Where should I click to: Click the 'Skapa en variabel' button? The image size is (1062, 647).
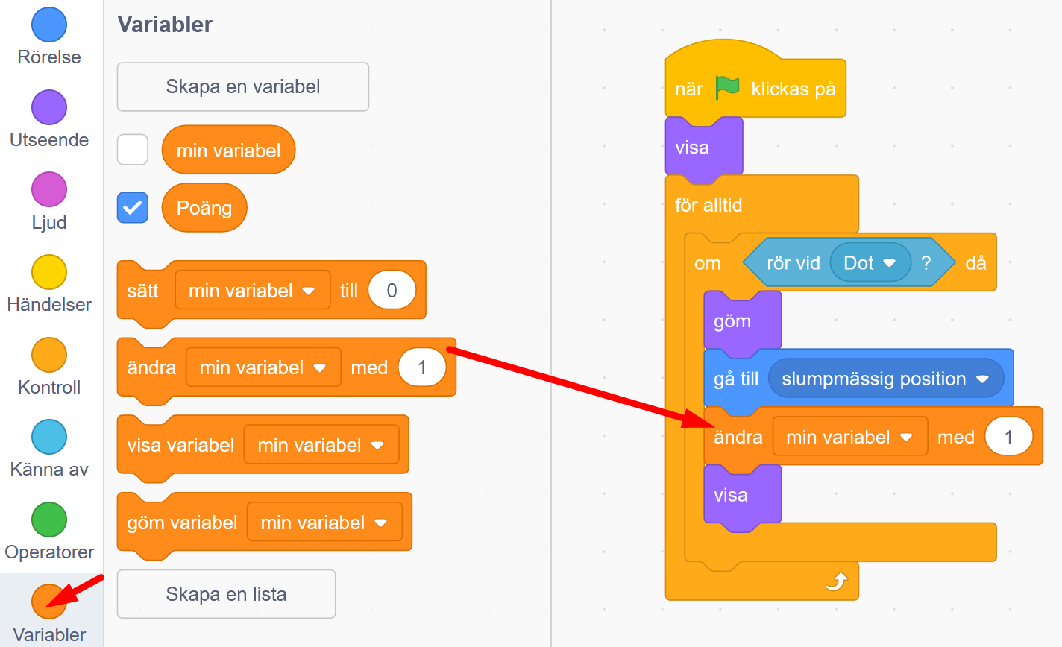pos(242,86)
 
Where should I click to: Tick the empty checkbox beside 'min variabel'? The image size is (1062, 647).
pos(133,150)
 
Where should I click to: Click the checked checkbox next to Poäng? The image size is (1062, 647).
pos(133,208)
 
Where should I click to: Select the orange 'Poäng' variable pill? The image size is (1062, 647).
pos(204,208)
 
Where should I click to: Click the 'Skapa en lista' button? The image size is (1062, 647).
pos(226,594)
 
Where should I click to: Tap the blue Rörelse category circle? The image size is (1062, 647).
pos(49,25)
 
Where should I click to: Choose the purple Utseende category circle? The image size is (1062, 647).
pos(49,107)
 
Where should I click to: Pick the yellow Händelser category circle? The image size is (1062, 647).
pos(49,272)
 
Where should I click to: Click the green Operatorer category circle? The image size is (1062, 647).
pos(49,520)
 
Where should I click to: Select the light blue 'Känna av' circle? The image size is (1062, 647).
pos(49,437)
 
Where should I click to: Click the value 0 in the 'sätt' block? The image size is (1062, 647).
pos(392,291)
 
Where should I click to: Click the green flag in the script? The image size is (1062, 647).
pos(727,88)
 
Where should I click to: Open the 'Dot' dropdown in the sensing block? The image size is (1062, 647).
pos(888,263)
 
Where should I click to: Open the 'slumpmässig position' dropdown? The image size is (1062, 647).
pos(981,379)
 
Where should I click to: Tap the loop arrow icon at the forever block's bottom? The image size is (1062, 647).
pos(837,581)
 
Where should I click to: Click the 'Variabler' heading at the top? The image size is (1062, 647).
pos(165,25)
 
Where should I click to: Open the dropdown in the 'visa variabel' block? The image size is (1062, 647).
pos(377,446)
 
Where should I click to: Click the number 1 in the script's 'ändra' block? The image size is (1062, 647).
pos(1008,437)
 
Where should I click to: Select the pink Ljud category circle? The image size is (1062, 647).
pos(49,189)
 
